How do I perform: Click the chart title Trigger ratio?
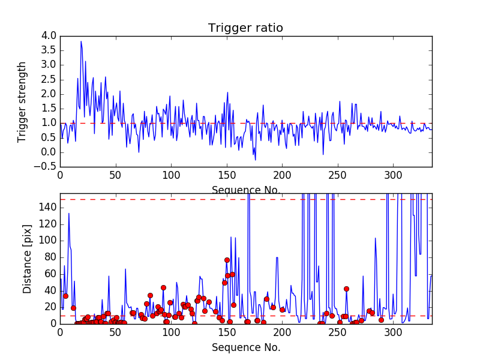(x=245, y=28)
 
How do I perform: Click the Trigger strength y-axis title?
(x=23, y=101)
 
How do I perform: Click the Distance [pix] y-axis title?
(x=28, y=259)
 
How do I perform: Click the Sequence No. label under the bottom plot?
(x=245, y=347)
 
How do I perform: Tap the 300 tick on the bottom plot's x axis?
(x=394, y=332)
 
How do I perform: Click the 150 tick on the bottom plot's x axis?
(x=227, y=332)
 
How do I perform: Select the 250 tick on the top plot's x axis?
(x=338, y=176)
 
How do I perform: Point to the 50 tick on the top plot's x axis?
(x=115, y=176)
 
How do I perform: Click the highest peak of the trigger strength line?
(x=81, y=41)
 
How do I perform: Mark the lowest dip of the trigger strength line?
(x=255, y=160)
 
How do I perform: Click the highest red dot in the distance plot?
(x=227, y=260)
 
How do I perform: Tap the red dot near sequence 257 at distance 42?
(x=346, y=289)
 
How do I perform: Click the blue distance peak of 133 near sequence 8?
(x=69, y=214)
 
